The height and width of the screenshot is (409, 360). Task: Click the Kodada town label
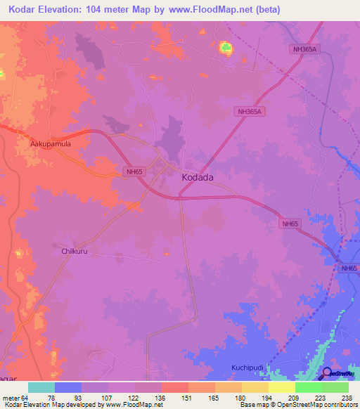(198, 178)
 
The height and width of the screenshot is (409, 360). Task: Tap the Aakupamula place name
(51, 143)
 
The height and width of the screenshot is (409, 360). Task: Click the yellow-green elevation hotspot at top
(226, 48)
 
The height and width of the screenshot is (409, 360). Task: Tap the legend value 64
(25, 397)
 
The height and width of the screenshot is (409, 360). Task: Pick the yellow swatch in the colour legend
(282, 387)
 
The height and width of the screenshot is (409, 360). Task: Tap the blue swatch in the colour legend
(68, 387)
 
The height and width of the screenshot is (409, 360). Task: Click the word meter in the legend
(11, 397)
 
